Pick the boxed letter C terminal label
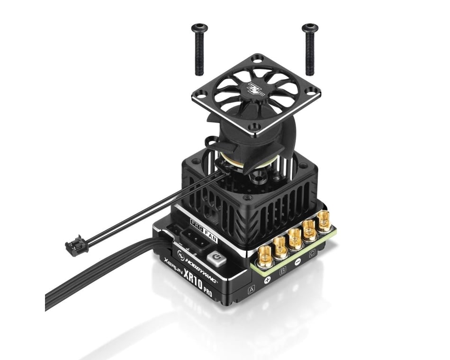[311, 254]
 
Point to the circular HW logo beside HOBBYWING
[180, 254]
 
